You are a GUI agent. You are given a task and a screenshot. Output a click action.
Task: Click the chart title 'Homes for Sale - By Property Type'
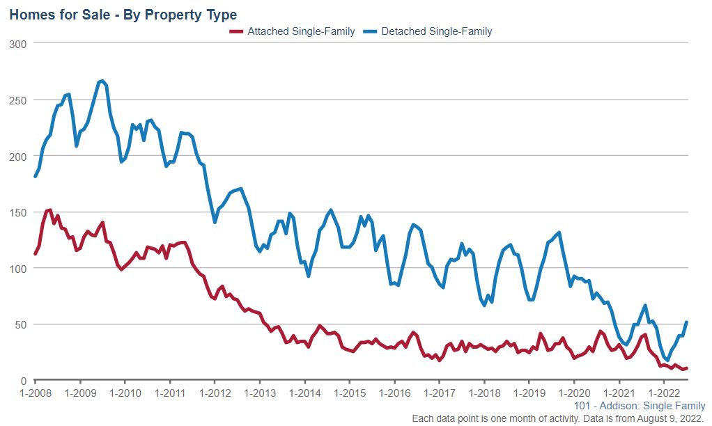tap(123, 15)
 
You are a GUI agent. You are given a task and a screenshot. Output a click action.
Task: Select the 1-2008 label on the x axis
tap(35, 393)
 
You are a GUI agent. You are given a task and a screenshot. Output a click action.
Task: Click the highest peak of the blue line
tap(102, 81)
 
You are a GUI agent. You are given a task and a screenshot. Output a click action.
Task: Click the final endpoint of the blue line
tap(687, 322)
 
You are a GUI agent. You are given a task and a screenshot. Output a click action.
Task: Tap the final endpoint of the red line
tap(687, 368)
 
